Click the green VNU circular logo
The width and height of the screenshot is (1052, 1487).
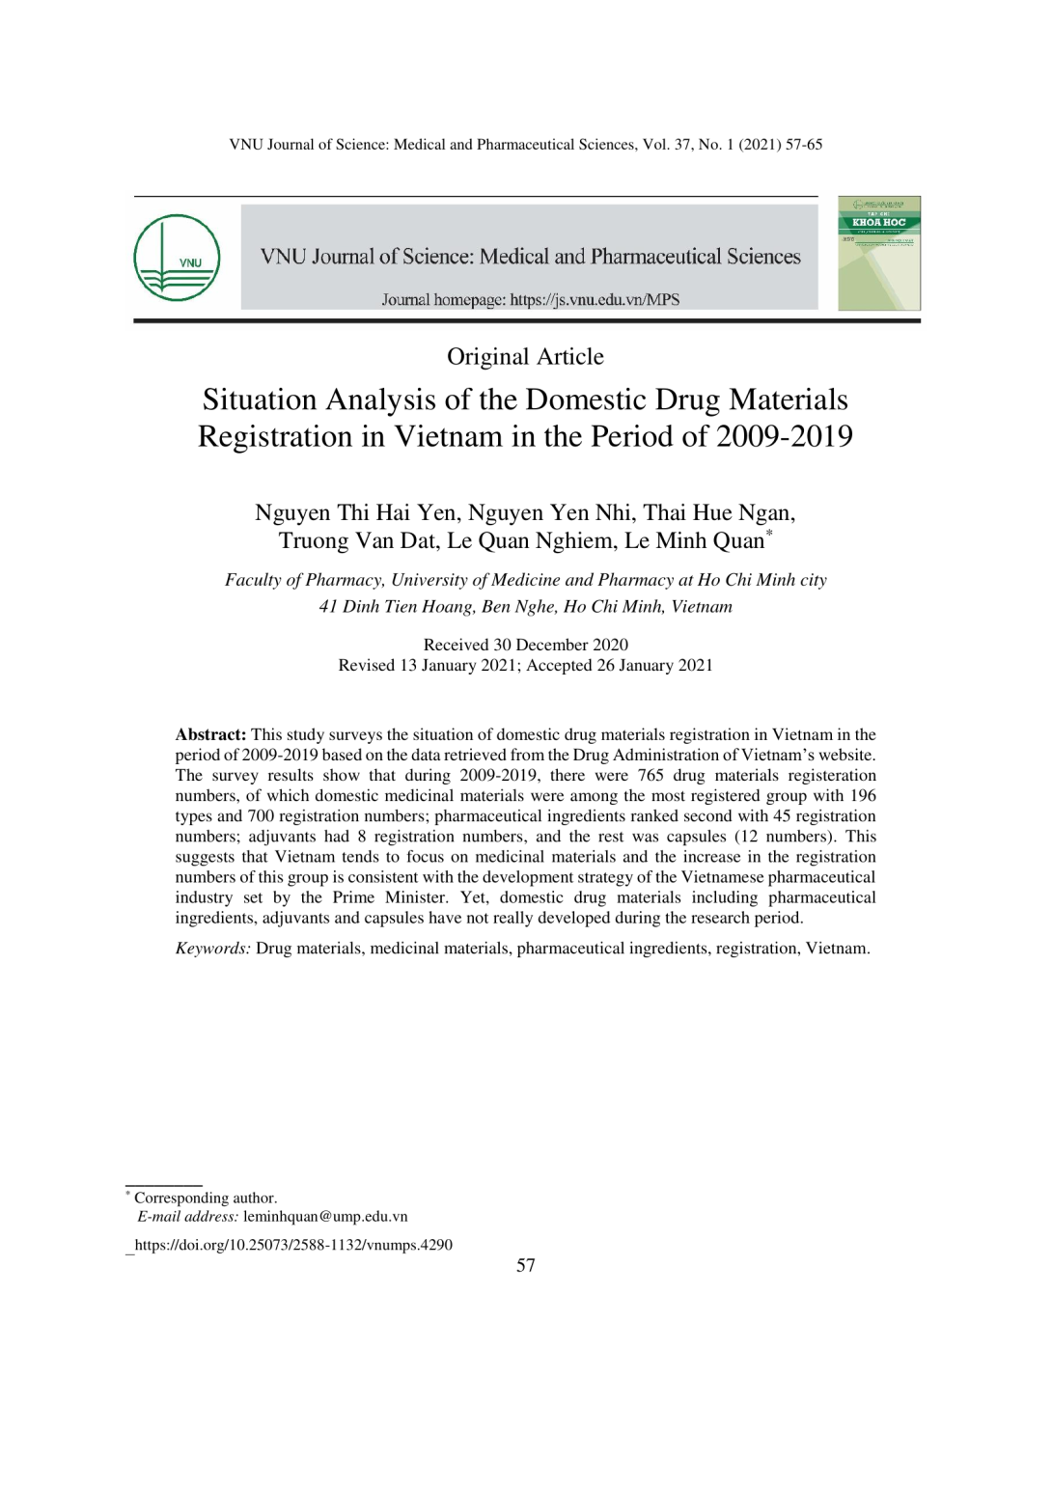tap(177, 258)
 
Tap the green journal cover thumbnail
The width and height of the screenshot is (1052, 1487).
tap(878, 253)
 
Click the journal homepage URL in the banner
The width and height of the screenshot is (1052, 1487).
tap(595, 299)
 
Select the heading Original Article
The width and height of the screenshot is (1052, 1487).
tap(525, 357)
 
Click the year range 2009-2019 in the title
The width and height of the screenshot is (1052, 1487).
tap(784, 436)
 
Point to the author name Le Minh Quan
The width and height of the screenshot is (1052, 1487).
tap(694, 540)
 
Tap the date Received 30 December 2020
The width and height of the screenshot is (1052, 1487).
tap(525, 645)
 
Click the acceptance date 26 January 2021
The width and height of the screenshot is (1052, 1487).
tap(654, 665)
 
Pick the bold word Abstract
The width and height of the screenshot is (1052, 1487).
tap(210, 734)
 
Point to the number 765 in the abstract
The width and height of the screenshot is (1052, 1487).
tap(651, 775)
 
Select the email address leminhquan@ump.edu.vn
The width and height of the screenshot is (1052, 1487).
tap(325, 1216)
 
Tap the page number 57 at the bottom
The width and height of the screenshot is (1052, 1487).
tap(525, 1265)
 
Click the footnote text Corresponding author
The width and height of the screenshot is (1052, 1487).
tap(206, 1198)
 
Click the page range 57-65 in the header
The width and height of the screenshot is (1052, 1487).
tap(803, 145)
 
